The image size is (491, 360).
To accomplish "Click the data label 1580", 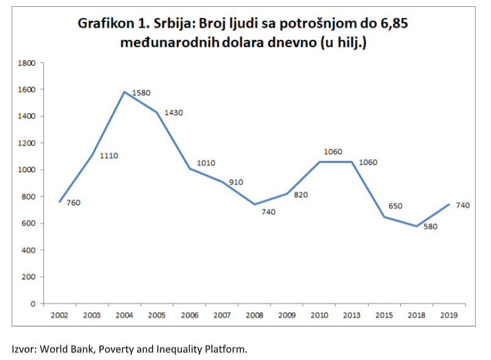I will tap(141, 93).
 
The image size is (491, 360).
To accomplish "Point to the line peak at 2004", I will tap(125, 92).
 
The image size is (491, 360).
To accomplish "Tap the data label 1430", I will tap(174, 113).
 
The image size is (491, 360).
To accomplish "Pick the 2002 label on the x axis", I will tap(59, 315).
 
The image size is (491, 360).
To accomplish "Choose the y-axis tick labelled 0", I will tap(34, 304).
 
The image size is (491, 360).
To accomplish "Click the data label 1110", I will tap(108, 156).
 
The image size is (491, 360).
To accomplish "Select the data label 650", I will tap(395, 206).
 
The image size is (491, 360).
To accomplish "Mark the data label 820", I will tap(300, 195).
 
